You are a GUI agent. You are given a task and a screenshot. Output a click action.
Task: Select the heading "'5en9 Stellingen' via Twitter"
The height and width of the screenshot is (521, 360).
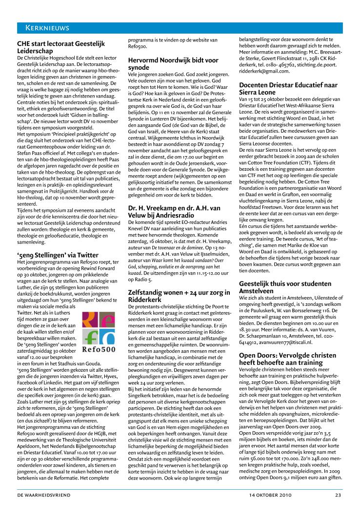pyautogui.click(x=58, y=255)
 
